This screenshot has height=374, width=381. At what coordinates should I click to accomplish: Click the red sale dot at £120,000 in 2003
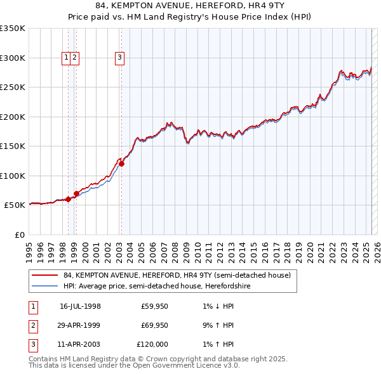click(x=121, y=164)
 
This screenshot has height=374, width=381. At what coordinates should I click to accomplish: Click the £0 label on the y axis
click(x=19, y=235)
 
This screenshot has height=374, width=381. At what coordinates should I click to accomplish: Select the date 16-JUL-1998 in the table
click(x=80, y=307)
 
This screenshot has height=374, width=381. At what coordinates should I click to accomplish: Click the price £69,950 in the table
click(x=154, y=325)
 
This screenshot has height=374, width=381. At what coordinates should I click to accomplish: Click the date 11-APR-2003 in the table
click(x=80, y=344)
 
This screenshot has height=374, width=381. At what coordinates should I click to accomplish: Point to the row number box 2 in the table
click(x=32, y=325)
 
